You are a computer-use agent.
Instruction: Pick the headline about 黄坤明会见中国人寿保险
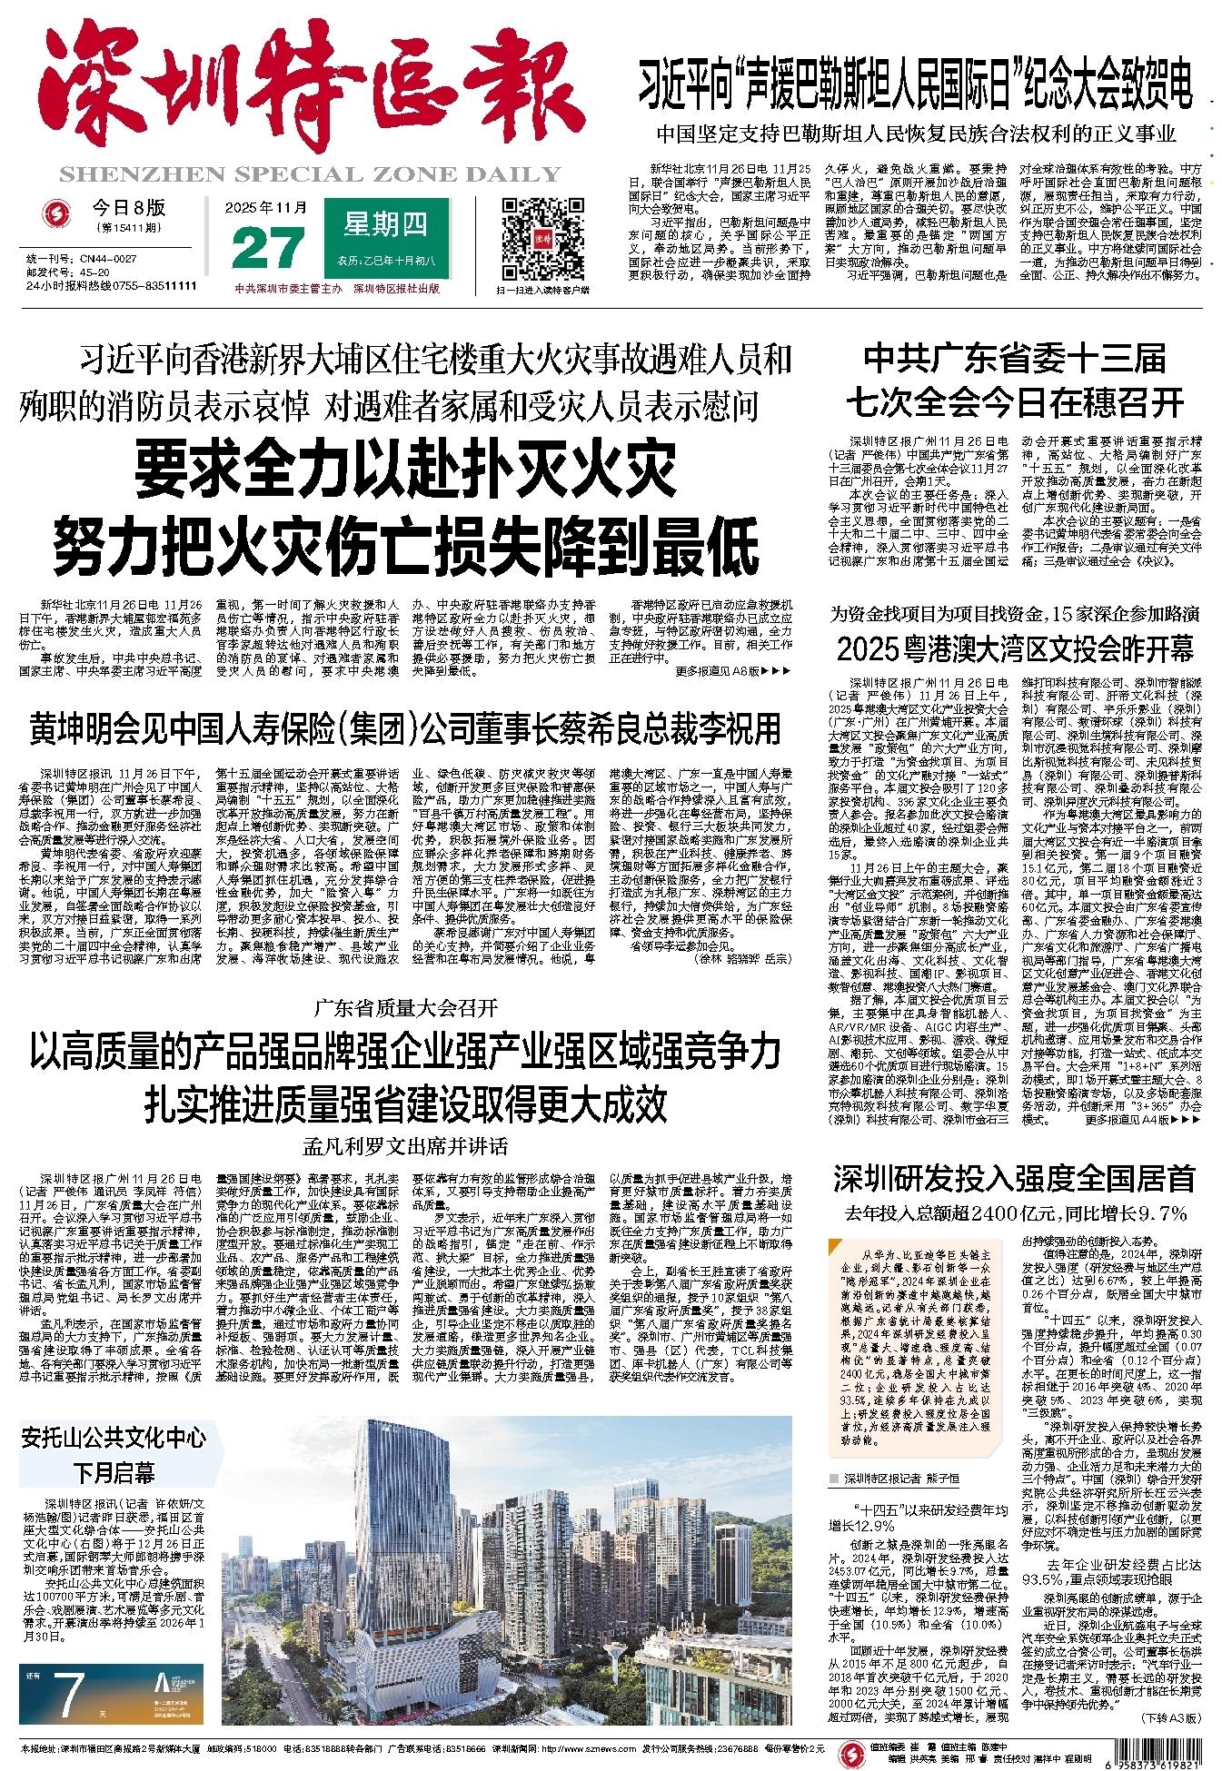(405, 727)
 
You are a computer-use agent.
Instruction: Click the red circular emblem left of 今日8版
(59, 214)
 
